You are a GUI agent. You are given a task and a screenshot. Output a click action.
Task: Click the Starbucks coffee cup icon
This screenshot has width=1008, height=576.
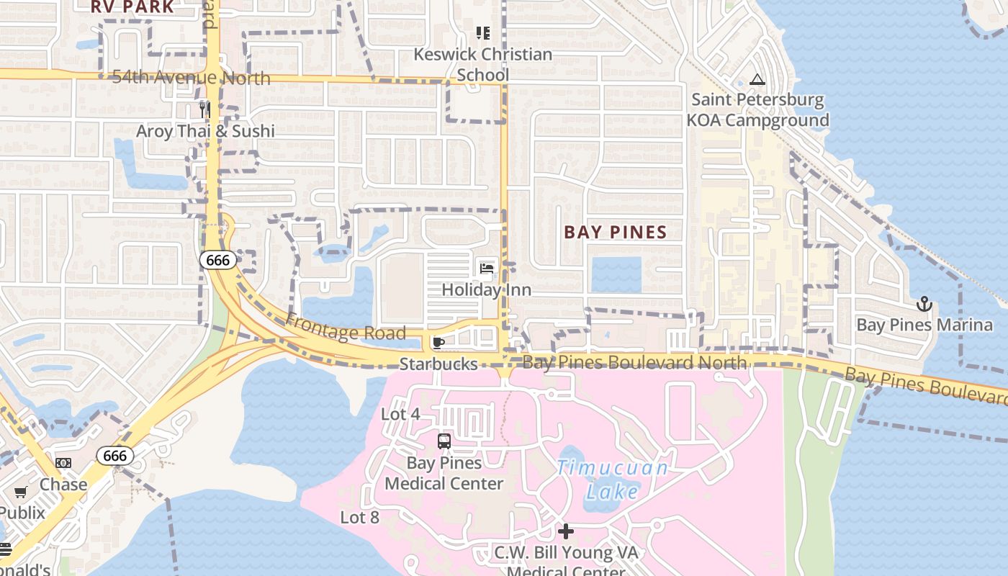(438, 342)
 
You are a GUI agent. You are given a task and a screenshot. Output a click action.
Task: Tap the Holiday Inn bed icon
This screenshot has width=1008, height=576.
(487, 269)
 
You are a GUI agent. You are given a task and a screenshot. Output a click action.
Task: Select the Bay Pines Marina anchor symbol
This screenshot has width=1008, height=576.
(924, 304)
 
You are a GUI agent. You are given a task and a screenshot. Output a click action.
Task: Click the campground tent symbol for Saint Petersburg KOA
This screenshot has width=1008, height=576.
(756, 79)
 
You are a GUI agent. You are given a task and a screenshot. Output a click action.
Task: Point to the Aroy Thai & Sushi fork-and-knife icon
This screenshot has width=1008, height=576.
(205, 109)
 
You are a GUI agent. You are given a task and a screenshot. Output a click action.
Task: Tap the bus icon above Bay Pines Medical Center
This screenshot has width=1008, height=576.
(444, 441)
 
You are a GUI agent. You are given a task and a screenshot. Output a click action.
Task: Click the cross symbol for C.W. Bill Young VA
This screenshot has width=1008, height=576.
(566, 531)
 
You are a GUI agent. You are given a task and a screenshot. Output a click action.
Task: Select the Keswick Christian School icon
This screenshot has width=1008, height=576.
(482, 33)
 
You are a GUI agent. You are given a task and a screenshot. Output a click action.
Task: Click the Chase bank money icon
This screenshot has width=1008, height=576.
(63, 463)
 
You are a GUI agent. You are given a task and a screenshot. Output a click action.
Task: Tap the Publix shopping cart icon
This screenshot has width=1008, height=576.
(21, 492)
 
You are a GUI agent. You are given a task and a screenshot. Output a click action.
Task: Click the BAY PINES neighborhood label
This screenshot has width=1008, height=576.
(616, 232)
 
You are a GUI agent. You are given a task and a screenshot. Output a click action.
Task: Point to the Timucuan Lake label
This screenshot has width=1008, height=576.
(612, 480)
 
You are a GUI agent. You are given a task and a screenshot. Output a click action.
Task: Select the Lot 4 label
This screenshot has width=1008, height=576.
(400, 414)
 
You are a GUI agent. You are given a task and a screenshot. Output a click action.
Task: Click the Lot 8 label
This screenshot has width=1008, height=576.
(359, 517)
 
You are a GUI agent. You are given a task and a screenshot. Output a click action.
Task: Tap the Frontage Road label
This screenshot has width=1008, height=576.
(346, 328)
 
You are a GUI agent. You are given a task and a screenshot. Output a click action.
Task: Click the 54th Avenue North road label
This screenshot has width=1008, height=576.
(191, 78)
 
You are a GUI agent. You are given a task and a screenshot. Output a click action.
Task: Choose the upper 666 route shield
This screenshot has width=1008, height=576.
(217, 260)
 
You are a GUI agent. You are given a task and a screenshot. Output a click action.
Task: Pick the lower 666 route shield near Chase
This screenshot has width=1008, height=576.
(114, 456)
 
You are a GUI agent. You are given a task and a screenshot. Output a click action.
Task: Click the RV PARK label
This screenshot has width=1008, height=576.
(132, 7)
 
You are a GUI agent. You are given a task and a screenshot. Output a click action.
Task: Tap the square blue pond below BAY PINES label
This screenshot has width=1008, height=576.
(616, 274)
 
